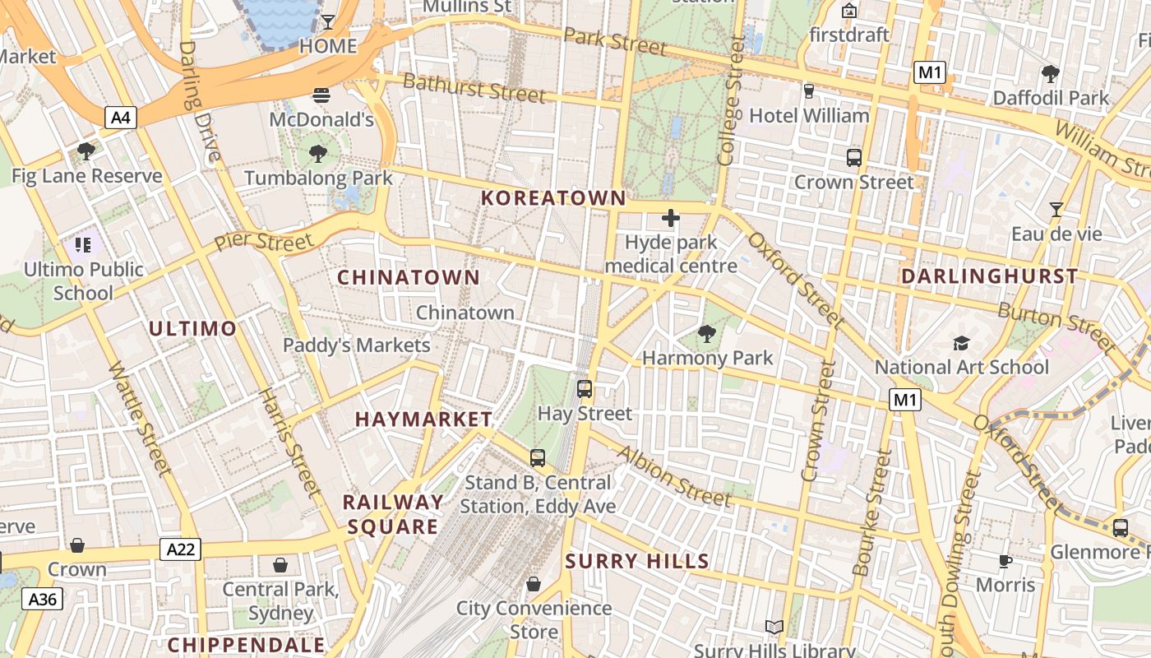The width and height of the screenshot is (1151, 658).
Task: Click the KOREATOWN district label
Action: point(553,198)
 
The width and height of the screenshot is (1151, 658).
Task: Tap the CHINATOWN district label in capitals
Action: point(409,278)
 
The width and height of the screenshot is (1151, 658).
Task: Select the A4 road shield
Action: point(121,118)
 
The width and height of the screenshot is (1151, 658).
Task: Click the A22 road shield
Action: point(180,549)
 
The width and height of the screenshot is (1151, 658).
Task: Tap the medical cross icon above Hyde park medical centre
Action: point(671,218)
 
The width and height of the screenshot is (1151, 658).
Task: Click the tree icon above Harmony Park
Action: point(706,333)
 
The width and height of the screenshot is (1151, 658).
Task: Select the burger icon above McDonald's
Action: point(321,95)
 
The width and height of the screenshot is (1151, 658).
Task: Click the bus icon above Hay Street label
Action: point(585,389)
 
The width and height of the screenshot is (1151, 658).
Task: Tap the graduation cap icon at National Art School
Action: point(961,343)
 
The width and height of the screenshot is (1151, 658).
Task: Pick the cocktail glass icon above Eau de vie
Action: point(1056,210)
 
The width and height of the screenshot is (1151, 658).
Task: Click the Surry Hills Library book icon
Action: point(774,628)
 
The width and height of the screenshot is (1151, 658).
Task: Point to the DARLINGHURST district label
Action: point(989,276)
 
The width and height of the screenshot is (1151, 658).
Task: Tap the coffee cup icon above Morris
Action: point(1005,561)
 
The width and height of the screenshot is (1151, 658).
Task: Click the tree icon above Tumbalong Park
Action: point(318,153)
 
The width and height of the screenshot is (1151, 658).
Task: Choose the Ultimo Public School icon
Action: point(82,244)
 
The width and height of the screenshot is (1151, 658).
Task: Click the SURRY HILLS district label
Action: point(637,562)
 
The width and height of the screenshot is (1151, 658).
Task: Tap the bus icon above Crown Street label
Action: point(853,158)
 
